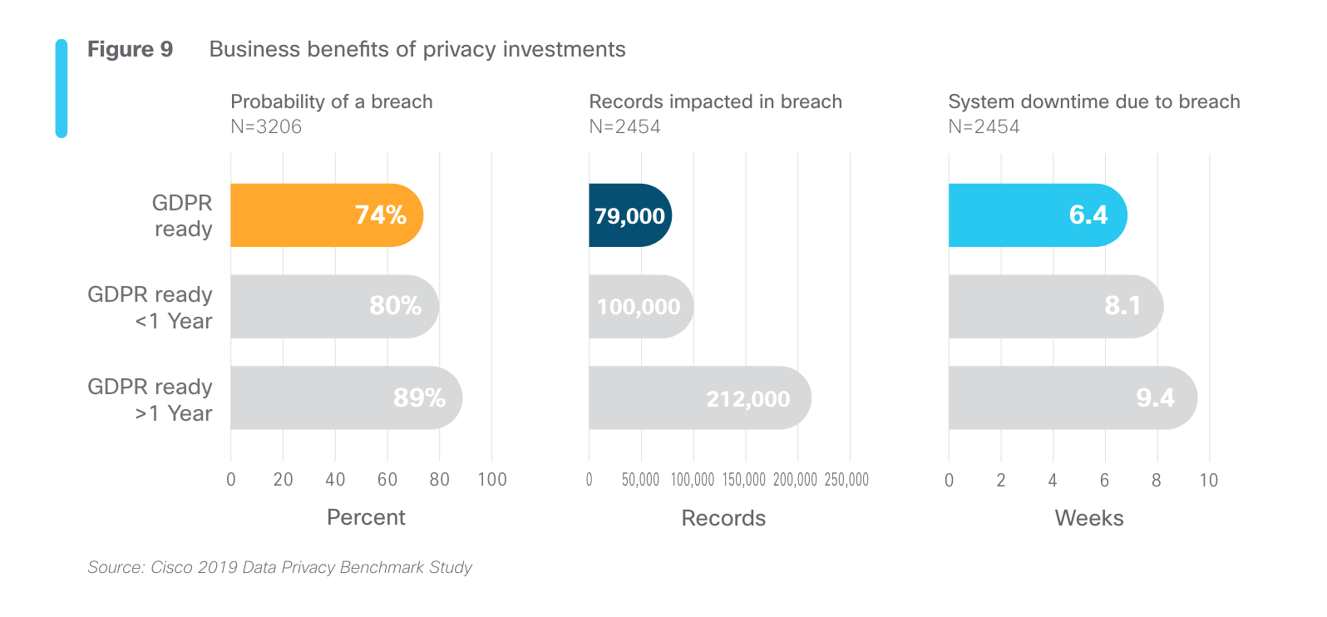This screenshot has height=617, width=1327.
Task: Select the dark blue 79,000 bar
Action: point(629,215)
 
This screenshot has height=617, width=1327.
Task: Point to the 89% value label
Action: point(419,398)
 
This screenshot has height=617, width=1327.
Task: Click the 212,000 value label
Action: point(747,399)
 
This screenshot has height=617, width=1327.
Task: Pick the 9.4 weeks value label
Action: point(1155,398)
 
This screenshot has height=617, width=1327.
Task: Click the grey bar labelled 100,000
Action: point(640,307)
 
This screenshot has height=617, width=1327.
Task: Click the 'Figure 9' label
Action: point(130,50)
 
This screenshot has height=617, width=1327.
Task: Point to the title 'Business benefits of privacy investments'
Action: point(417,50)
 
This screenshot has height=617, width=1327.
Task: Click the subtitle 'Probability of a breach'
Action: point(331,101)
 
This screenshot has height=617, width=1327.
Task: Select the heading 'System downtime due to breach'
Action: point(1093,101)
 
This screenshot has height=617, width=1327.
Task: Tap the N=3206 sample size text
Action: point(266,126)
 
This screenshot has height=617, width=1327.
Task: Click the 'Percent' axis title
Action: point(366,517)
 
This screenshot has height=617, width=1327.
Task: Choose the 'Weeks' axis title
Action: point(1089,518)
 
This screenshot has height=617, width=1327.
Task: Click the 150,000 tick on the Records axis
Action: point(744,480)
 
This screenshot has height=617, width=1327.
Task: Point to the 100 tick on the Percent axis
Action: point(492,480)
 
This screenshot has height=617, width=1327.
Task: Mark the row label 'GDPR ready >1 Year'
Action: point(150,400)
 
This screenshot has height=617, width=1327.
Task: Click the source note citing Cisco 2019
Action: point(279,567)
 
